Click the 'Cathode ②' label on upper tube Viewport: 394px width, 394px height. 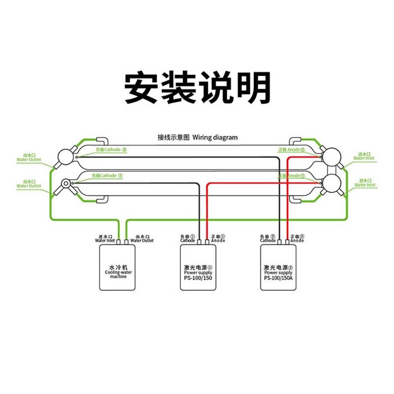click(x=111, y=149)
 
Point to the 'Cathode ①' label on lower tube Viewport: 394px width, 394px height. click(x=107, y=175)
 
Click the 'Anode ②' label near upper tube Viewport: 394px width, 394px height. click(x=292, y=150)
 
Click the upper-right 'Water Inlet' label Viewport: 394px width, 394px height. click(x=364, y=156)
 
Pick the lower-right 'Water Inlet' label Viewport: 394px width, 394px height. click(x=364, y=183)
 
